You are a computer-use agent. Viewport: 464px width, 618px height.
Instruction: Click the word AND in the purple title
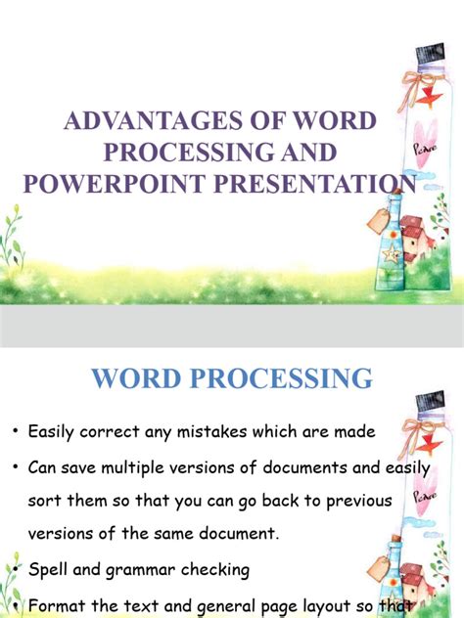[308, 153]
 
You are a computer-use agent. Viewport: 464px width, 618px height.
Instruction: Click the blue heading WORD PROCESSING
[232, 378]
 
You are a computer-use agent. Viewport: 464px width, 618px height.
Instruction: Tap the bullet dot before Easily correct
[14, 431]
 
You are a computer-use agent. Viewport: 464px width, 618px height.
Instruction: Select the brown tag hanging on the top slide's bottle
[378, 221]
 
